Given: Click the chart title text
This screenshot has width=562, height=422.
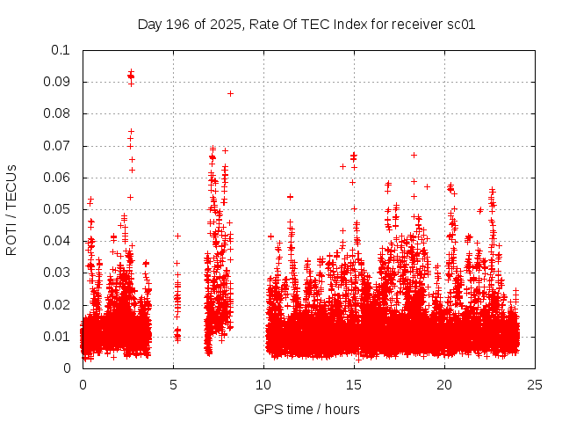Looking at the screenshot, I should tap(306, 25).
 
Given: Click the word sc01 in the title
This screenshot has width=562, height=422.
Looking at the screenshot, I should tap(462, 25).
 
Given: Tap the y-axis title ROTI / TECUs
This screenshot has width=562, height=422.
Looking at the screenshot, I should tap(11, 209).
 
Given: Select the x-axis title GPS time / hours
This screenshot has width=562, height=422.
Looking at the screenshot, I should tap(306, 409).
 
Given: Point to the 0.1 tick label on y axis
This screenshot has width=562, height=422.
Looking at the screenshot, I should tap(61, 50).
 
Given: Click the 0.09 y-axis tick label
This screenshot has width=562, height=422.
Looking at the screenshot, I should tap(58, 82).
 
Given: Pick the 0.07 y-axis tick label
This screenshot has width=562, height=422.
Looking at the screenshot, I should tap(58, 146).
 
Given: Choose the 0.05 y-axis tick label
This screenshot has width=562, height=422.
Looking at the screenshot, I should tap(58, 209).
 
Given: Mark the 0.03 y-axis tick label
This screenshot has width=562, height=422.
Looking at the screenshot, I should tap(58, 273).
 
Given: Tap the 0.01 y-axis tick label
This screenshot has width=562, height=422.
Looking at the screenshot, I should tap(58, 336).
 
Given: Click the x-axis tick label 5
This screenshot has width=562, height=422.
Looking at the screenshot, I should tap(173, 384).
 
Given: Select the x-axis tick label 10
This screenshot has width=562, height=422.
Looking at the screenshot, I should tap(264, 384).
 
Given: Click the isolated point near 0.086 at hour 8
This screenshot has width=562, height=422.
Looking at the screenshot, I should tap(230, 93).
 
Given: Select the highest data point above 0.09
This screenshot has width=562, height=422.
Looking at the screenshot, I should tap(131, 72).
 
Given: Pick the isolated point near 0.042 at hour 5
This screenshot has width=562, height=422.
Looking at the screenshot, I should tap(177, 236).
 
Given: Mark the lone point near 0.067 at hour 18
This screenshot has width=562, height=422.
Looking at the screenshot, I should tap(414, 155).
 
